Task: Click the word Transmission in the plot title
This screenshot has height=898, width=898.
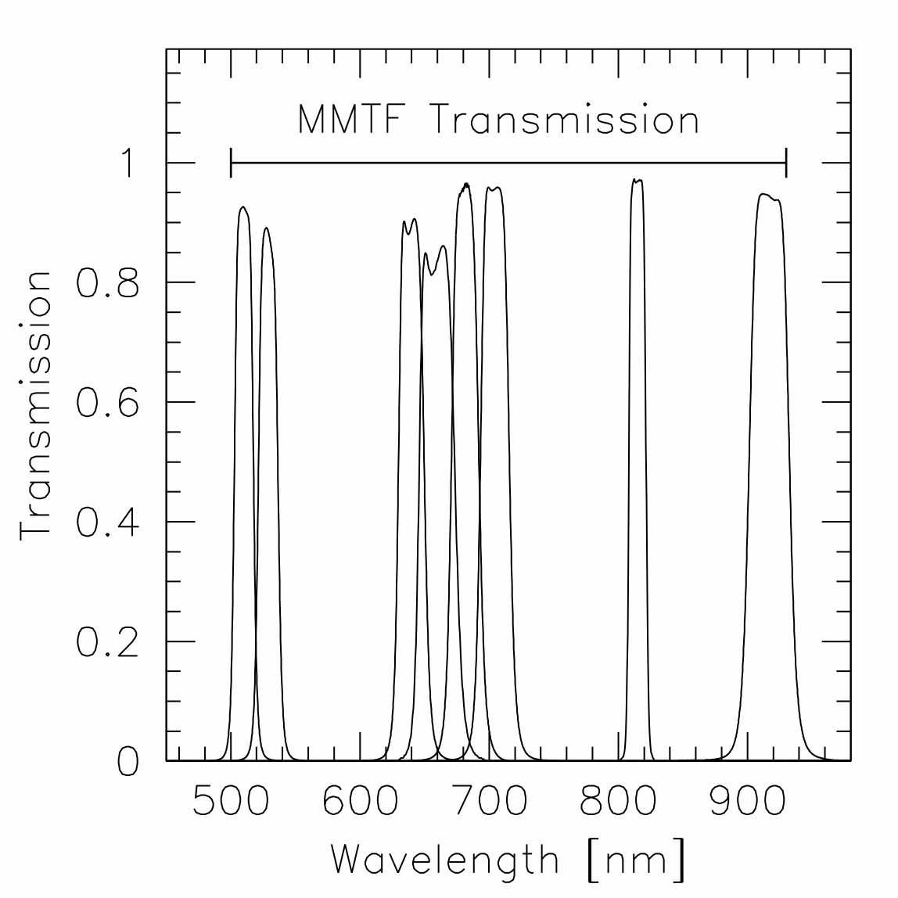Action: [x=565, y=120]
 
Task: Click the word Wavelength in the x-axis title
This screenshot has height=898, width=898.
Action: [x=444, y=860]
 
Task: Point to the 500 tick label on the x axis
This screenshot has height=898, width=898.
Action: [x=230, y=803]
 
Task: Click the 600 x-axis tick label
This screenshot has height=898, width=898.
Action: [x=360, y=803]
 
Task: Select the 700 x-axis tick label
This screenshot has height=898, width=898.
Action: [x=489, y=803]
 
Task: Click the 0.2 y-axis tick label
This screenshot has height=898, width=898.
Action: [x=107, y=642]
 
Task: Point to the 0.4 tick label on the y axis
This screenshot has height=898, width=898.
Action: [x=107, y=523]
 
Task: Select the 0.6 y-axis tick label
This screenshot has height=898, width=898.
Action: [x=107, y=403]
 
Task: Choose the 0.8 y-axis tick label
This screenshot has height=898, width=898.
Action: [x=107, y=283]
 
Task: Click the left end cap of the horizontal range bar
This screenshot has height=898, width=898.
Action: [x=231, y=163]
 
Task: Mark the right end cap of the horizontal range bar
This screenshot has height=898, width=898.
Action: [x=785, y=163]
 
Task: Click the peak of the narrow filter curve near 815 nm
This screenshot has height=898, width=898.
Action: [x=638, y=180]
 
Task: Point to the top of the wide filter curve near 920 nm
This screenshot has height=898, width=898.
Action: [x=764, y=194]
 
